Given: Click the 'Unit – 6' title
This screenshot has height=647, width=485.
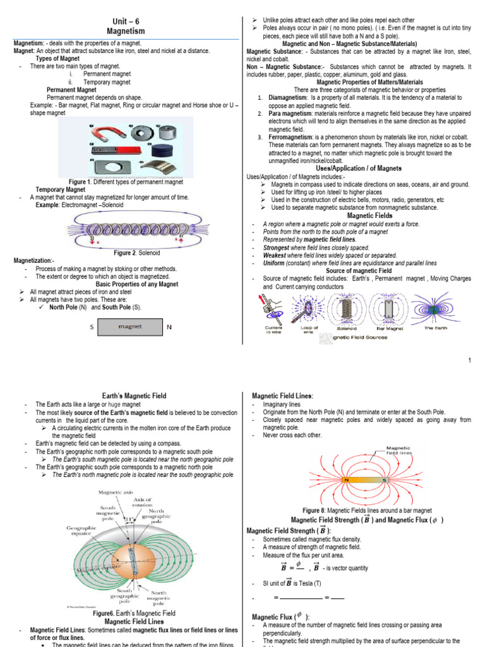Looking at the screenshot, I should click(x=125, y=20).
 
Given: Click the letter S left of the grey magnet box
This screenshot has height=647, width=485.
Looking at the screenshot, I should click(x=92, y=327).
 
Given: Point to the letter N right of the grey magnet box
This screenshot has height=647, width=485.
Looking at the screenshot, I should click(x=169, y=327).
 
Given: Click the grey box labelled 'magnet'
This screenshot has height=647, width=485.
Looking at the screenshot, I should click(x=129, y=327).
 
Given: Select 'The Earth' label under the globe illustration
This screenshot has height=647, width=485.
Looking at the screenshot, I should click(x=436, y=328).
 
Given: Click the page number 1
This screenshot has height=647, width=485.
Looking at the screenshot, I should click(x=470, y=360).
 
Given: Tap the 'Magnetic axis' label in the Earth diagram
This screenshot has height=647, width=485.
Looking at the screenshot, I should click(x=114, y=492).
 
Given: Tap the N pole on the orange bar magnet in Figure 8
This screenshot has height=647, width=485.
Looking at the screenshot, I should click(x=347, y=480).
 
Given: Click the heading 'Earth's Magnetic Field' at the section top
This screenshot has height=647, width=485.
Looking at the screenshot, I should click(x=134, y=396).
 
